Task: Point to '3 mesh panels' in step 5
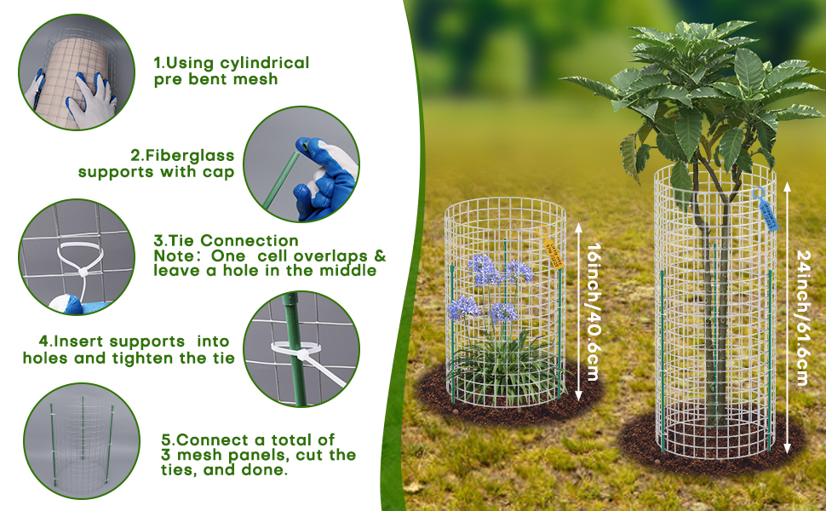pos(220,455)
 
